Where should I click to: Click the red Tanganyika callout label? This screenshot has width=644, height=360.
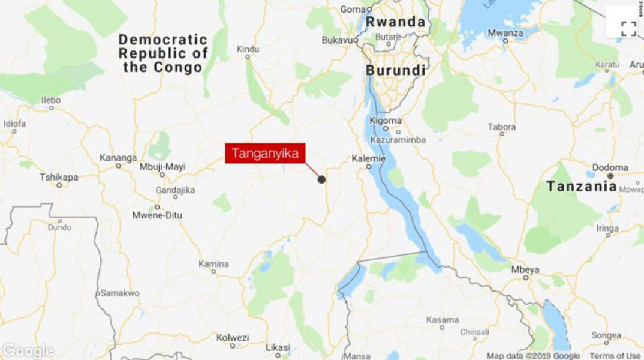coord(265,154)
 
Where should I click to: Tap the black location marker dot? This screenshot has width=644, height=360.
coord(321,179)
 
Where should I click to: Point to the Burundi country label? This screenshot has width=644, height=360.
coord(396,70)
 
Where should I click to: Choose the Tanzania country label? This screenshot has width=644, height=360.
coord(581,187)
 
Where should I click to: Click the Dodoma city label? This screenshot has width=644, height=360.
coord(610,167)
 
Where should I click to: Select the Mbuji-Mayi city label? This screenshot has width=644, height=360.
coord(162,166)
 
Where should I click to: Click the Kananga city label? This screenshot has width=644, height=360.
coord(118,158)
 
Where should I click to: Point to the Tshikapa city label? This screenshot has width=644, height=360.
coord(59,177)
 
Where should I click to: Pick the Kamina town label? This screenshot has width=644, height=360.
coord(214,263)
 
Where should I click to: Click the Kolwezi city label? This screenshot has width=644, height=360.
coord(232,337)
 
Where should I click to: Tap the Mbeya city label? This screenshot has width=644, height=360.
coord(526,269)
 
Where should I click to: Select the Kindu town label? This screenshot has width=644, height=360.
coord(248,49)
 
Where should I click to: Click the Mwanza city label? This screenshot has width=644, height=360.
coord(505,33)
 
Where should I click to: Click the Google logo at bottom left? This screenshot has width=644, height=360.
coord(27,351)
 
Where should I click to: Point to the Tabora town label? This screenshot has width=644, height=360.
coord(501,127)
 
